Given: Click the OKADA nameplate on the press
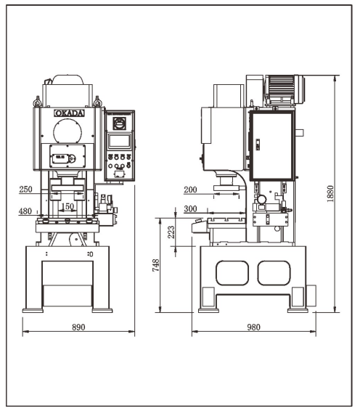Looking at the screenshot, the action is (x=69, y=113).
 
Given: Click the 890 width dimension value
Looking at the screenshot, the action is (x=78, y=327).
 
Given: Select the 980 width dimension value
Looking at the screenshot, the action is (x=253, y=327).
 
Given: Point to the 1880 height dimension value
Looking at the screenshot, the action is (x=330, y=193).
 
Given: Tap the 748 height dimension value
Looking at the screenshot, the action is (x=155, y=265).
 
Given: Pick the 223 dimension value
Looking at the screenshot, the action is (x=171, y=232).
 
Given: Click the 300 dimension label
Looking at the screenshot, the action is (x=190, y=209).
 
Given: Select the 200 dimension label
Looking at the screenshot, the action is (x=190, y=190).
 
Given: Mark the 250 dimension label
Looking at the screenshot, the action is (x=25, y=189).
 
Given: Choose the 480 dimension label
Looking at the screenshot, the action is (x=25, y=211).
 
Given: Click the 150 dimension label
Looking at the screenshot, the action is (x=67, y=206).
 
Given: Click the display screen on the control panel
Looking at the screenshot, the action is (x=120, y=141).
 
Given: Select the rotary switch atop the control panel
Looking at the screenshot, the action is (x=120, y=123).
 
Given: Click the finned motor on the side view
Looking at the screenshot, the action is (x=285, y=89).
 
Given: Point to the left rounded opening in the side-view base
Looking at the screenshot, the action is (x=232, y=273).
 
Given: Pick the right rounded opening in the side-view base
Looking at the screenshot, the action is (x=274, y=273).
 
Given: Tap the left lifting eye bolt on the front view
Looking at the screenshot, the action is (x=37, y=102).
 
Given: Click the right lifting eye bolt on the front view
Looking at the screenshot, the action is (x=97, y=102).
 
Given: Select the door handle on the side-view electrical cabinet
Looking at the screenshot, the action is (x=258, y=145).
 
